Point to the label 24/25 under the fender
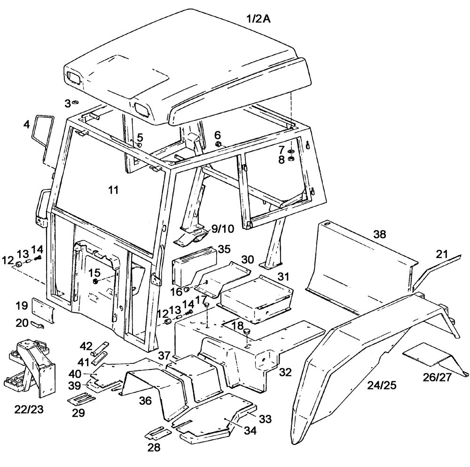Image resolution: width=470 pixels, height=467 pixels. click(x=383, y=386)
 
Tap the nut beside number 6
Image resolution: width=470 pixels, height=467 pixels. click(x=219, y=143)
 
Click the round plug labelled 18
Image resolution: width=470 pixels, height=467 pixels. click(x=245, y=334)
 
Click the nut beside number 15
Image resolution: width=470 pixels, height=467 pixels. click(x=95, y=281)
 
